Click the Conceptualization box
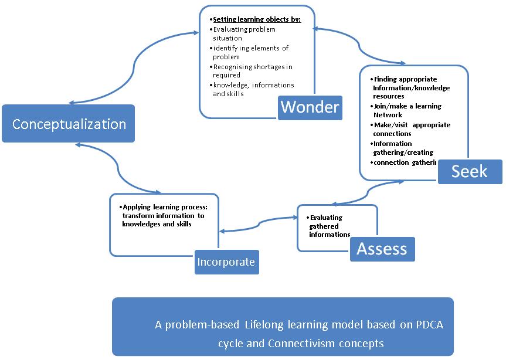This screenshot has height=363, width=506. [x=69, y=124]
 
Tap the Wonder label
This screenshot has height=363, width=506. [x=310, y=107]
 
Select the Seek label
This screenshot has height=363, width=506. [x=470, y=171]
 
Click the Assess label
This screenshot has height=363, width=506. [x=382, y=249]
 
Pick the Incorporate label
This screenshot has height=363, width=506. [x=226, y=262]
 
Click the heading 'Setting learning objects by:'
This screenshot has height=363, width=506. [x=256, y=19]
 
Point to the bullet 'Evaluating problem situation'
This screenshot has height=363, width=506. [x=243, y=33]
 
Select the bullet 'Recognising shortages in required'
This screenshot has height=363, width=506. [x=252, y=70]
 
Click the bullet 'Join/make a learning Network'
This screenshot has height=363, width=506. [x=407, y=110]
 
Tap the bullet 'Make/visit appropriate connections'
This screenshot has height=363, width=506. [x=411, y=129]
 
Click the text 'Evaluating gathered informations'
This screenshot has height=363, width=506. [x=329, y=226]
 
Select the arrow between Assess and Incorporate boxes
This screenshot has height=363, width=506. [x=258, y=225]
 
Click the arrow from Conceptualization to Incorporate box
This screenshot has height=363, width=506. [x=114, y=170]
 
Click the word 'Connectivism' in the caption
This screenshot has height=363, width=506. [x=296, y=343]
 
